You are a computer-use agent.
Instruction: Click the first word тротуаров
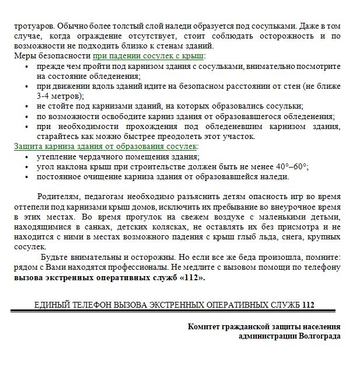[33, 26]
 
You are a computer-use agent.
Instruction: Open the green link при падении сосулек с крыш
[148, 56]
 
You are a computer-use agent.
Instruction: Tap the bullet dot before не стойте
[26, 106]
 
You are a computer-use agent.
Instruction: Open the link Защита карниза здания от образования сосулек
[106, 147]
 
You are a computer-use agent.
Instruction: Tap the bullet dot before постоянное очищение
[26, 176]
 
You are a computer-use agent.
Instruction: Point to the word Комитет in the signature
[205, 327]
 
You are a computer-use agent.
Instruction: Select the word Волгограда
[320, 336]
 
